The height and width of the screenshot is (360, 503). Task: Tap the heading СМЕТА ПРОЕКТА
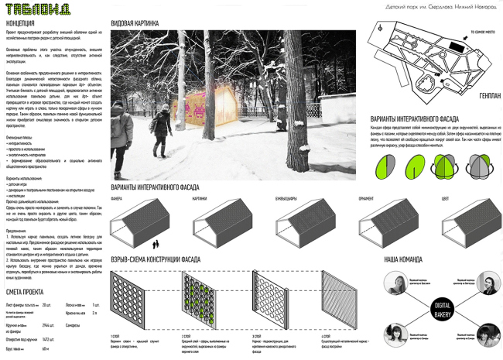pos(27,292)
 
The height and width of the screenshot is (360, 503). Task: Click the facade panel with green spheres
pos(204,301)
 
